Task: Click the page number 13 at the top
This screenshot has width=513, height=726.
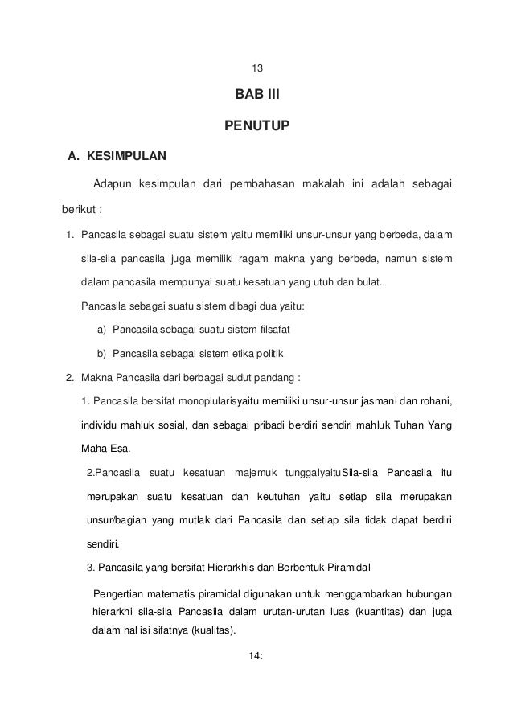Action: tap(256, 68)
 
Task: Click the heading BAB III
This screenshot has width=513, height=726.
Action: tap(256, 96)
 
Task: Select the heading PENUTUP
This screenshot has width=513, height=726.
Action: tap(256, 125)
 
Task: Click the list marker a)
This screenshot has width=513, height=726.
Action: tap(102, 330)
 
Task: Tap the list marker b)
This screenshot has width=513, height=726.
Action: tap(102, 353)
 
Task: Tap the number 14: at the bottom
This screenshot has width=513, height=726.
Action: tap(256, 657)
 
